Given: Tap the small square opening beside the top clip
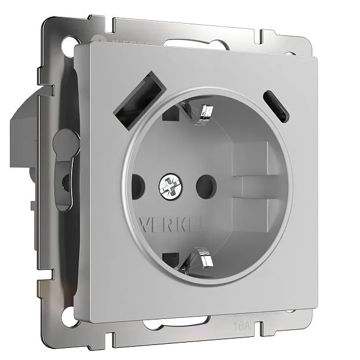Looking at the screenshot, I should tap(170, 114).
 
